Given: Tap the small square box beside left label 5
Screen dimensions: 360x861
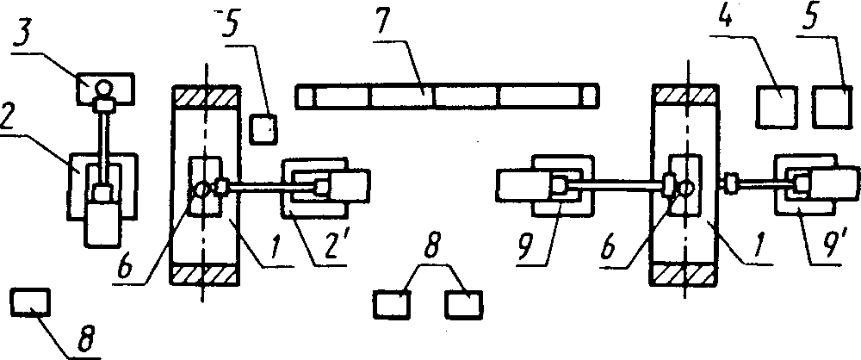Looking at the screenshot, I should click(263, 129).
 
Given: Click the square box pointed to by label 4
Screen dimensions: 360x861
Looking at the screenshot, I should click(775, 108).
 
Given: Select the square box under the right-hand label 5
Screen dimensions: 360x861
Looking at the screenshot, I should click(832, 108).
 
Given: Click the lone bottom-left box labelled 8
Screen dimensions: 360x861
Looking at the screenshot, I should click(30, 303).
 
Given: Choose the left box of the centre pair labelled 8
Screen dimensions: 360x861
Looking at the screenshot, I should click(393, 304).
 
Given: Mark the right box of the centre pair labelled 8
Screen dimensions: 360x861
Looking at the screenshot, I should click(463, 304).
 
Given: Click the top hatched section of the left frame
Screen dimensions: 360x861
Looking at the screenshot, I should click(207, 95).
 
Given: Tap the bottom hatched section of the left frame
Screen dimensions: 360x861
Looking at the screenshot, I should click(207, 273).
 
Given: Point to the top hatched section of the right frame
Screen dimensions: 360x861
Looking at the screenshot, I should click(686, 95).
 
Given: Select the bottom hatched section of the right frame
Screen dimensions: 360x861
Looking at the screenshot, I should click(686, 273).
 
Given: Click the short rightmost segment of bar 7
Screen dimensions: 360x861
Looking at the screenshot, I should click(590, 96).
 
